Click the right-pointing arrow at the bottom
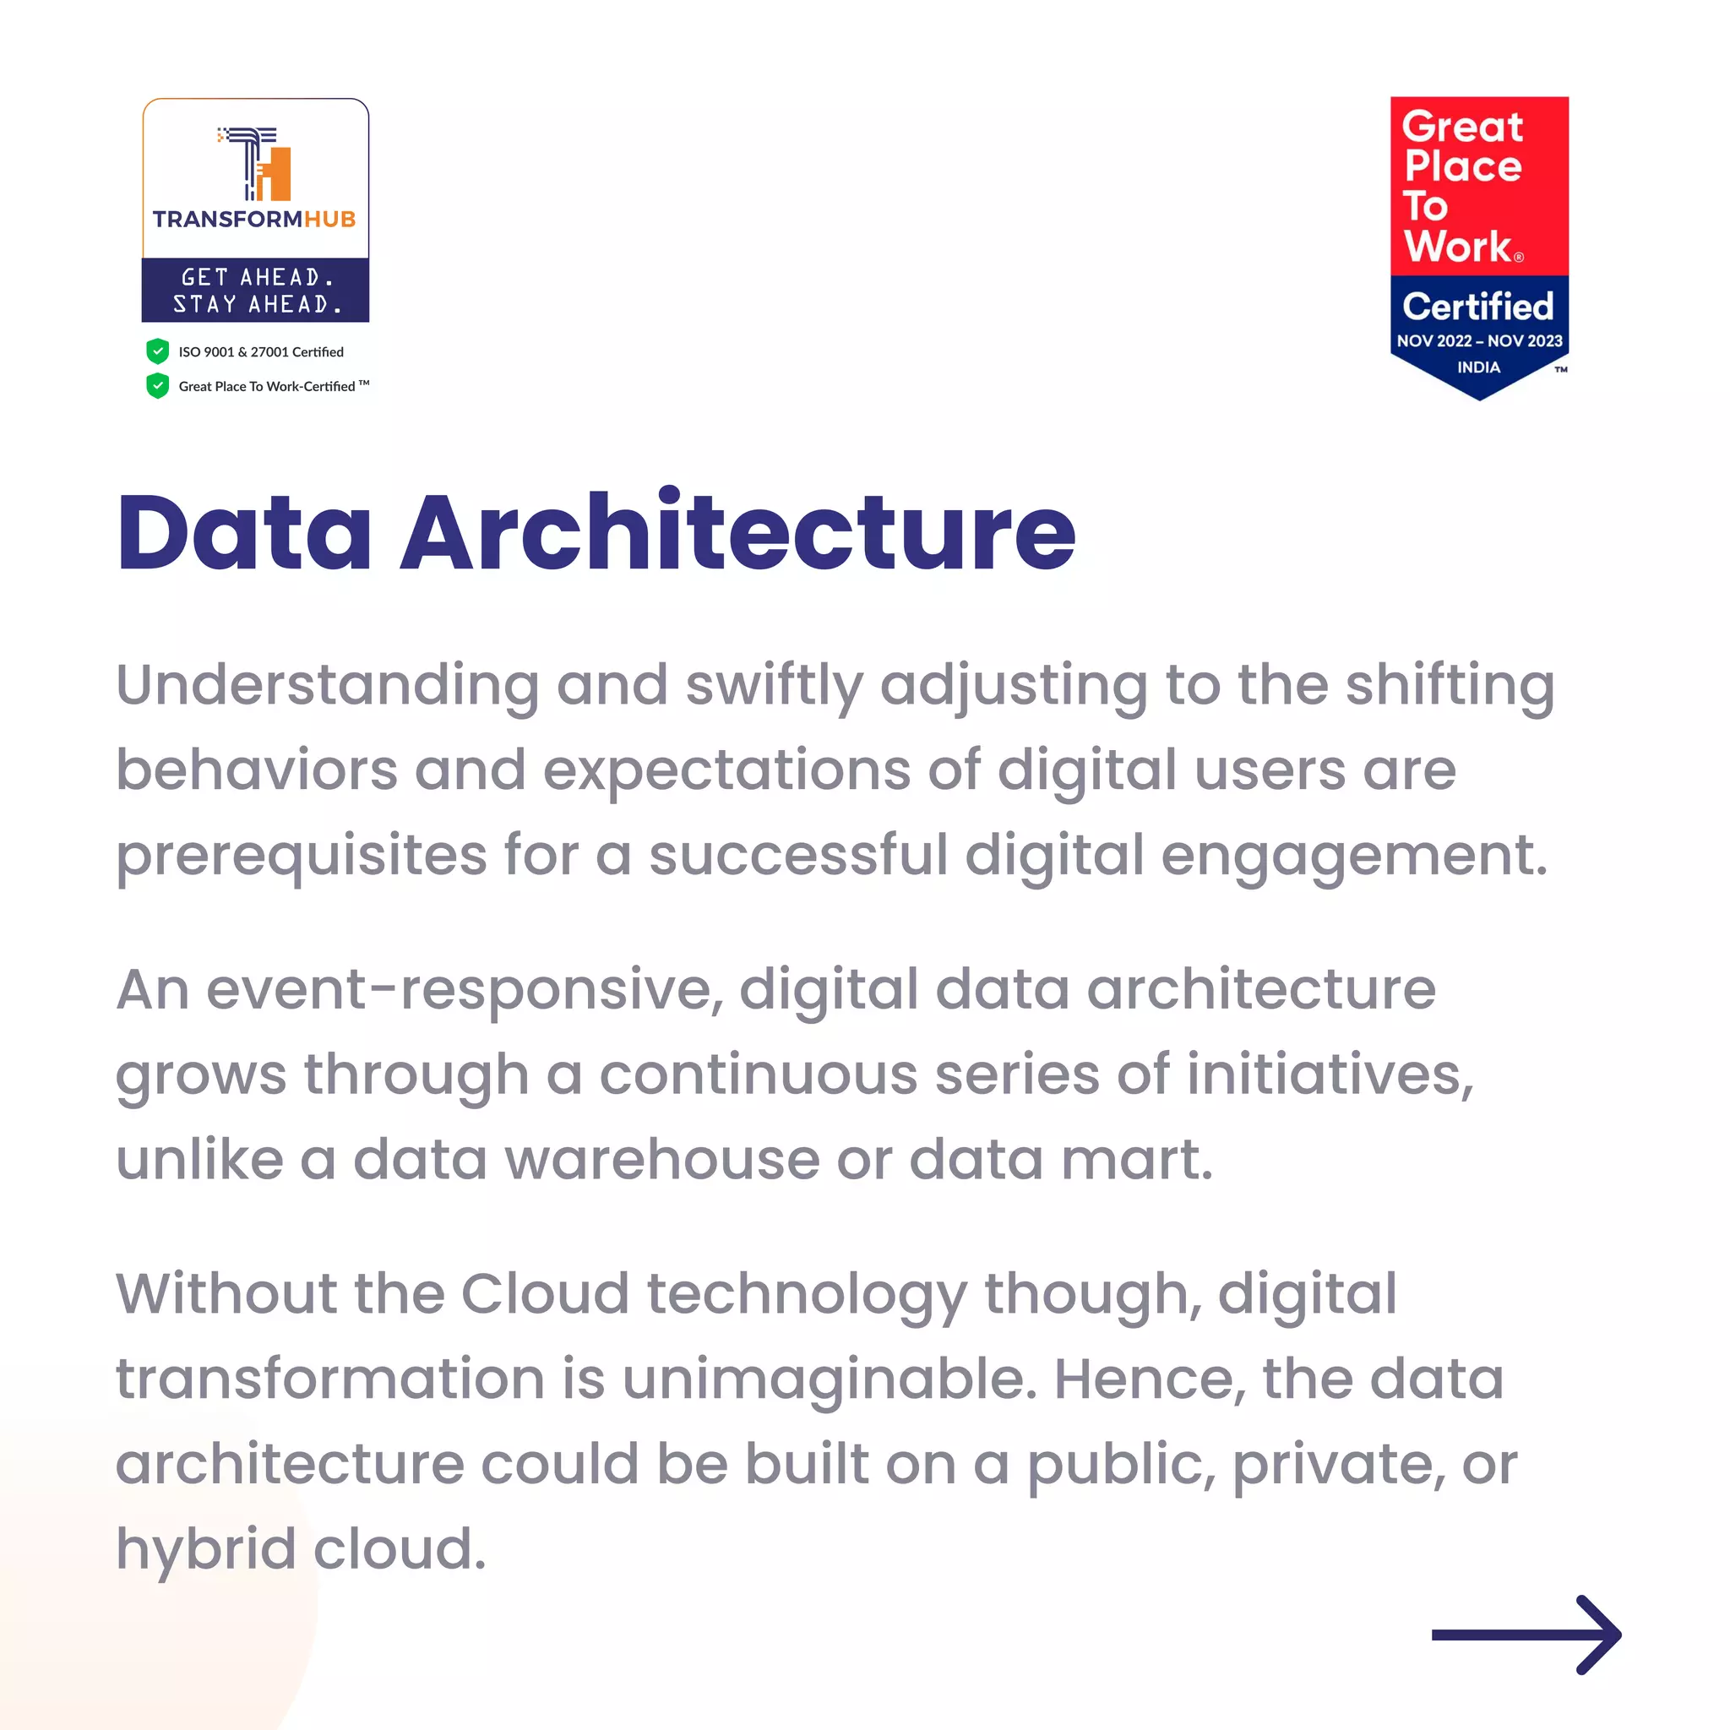pos(1526,1635)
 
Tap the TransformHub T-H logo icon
pos(256,164)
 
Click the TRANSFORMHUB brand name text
pos(254,220)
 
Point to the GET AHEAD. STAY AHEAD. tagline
pos(256,290)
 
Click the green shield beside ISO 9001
pos(158,351)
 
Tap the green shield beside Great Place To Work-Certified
pos(158,386)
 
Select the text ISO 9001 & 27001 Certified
pos(260,352)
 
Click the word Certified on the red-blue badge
pos(1477,307)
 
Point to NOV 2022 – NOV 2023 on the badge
pos(1479,341)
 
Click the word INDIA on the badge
pos(1478,367)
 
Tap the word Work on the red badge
pos(1457,247)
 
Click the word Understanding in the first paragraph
pos(328,686)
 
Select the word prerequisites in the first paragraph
pos(302,856)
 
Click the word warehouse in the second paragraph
pos(662,1160)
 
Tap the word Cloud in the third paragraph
pos(546,1294)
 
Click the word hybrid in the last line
pos(206,1549)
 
